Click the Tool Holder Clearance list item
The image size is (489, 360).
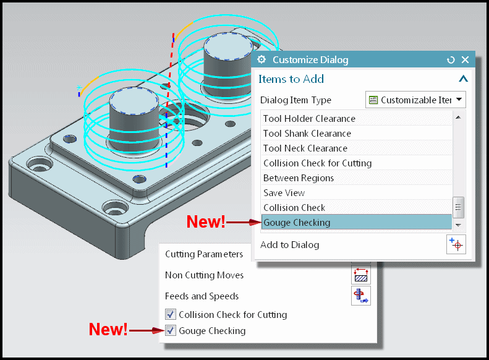(x=309, y=119)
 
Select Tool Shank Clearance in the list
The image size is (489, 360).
(x=307, y=134)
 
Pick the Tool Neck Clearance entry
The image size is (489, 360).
(x=305, y=148)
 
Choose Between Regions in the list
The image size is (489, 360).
(x=298, y=178)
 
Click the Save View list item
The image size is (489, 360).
(x=284, y=193)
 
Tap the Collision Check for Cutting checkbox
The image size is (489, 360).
(x=171, y=315)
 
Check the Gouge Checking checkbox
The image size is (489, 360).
(x=171, y=331)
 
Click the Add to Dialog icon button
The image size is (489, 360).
(x=456, y=244)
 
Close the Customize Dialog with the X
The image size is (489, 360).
(x=465, y=60)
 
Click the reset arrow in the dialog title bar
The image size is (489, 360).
(x=451, y=60)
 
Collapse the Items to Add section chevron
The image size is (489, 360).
(x=462, y=79)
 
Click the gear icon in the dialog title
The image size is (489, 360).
(x=262, y=60)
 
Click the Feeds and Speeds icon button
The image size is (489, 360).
(x=360, y=296)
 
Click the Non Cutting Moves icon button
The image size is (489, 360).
(x=360, y=275)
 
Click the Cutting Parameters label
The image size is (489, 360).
(x=203, y=254)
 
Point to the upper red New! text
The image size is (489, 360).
(x=206, y=223)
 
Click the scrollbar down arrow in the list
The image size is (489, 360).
(x=458, y=226)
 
